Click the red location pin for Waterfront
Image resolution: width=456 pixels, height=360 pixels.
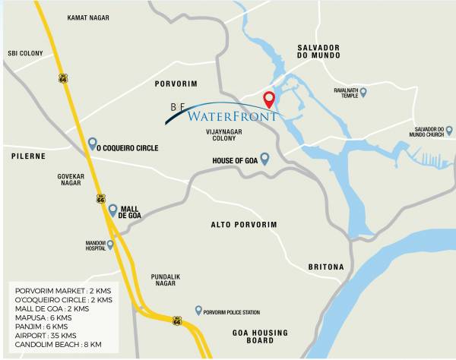pyautogui.click(x=268, y=99)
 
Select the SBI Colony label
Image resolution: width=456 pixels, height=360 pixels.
pyautogui.click(x=26, y=53)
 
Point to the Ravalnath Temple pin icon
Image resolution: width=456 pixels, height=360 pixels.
pyautogui.click(x=363, y=93)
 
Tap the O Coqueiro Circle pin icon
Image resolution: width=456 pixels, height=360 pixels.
pyautogui.click(x=92, y=143)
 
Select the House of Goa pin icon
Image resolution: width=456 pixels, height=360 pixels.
pyautogui.click(x=265, y=159)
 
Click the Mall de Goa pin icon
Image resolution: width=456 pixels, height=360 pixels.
pyautogui.click(x=112, y=210)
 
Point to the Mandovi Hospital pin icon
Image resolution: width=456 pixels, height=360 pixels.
pyautogui.click(x=110, y=245)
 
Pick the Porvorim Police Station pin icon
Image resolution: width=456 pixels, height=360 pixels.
pyautogui.click(x=198, y=310)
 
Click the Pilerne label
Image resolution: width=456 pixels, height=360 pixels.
pyautogui.click(x=29, y=156)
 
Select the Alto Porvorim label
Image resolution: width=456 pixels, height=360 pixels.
pyautogui.click(x=244, y=225)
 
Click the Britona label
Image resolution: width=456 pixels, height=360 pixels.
pyautogui.click(x=326, y=267)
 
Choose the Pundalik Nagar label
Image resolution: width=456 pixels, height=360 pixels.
pyautogui.click(x=163, y=279)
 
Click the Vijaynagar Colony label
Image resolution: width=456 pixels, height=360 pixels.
pyautogui.click(x=215, y=134)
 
